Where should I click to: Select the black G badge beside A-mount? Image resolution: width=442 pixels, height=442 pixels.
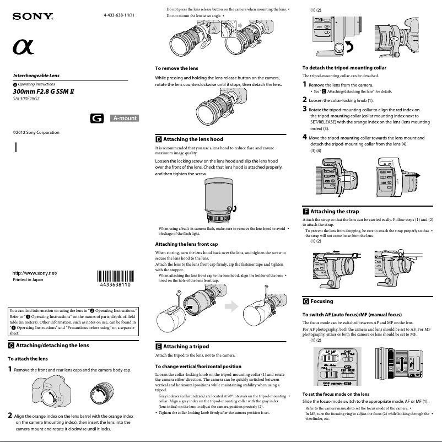(x=97, y=118)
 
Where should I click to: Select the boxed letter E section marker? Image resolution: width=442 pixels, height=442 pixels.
(x=159, y=347)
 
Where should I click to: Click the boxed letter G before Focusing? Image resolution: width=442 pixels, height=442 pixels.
(x=306, y=301)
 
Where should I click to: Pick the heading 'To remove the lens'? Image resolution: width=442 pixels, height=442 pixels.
(x=176, y=68)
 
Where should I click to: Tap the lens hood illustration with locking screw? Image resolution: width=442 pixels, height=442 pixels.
(x=220, y=201)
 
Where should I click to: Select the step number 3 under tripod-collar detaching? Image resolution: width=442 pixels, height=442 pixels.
(x=305, y=109)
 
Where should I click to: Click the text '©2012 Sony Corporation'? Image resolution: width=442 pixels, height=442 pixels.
(x=36, y=133)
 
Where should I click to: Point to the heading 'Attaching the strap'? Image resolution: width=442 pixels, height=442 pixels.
(x=334, y=211)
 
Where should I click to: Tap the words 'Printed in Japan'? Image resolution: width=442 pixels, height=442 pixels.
(x=28, y=279)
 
